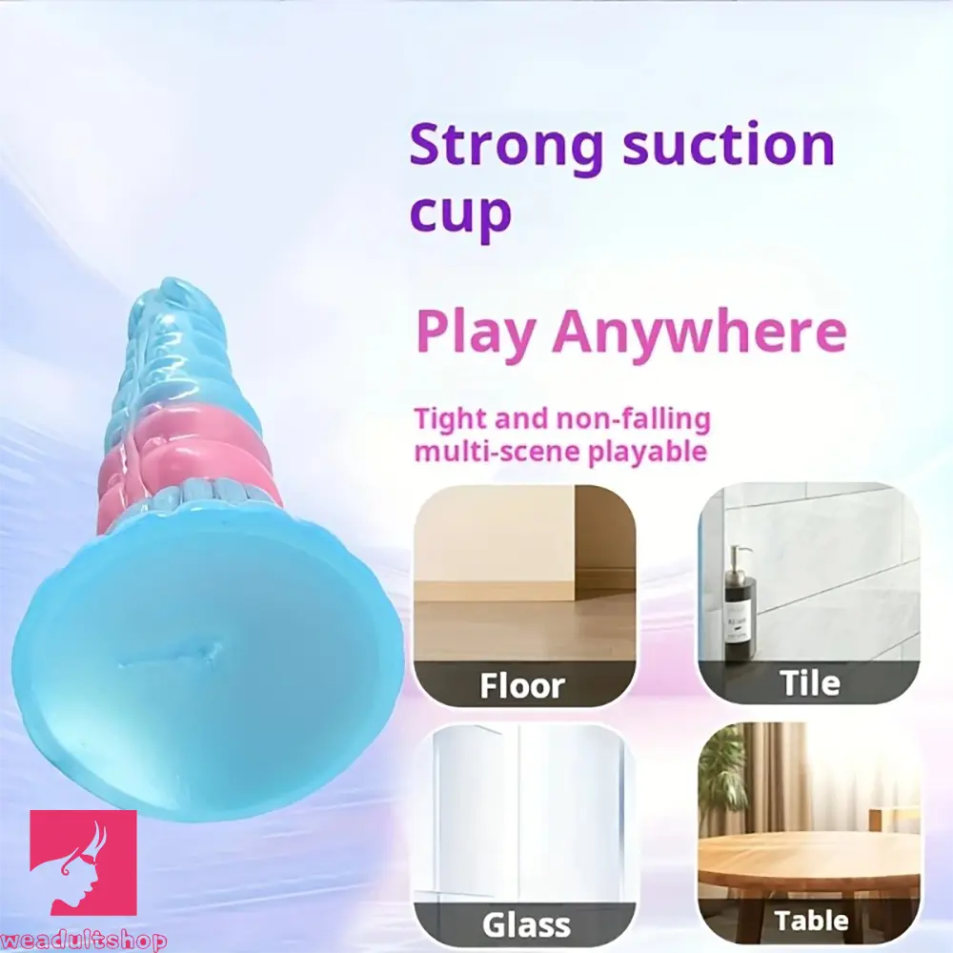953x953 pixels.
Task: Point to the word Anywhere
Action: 698,330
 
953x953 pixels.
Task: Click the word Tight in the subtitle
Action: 451,418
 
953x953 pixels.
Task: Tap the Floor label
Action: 522,684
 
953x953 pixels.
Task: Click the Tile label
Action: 810,682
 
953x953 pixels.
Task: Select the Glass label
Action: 525,923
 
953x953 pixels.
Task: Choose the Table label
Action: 811,921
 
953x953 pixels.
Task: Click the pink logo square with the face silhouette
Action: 83,862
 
